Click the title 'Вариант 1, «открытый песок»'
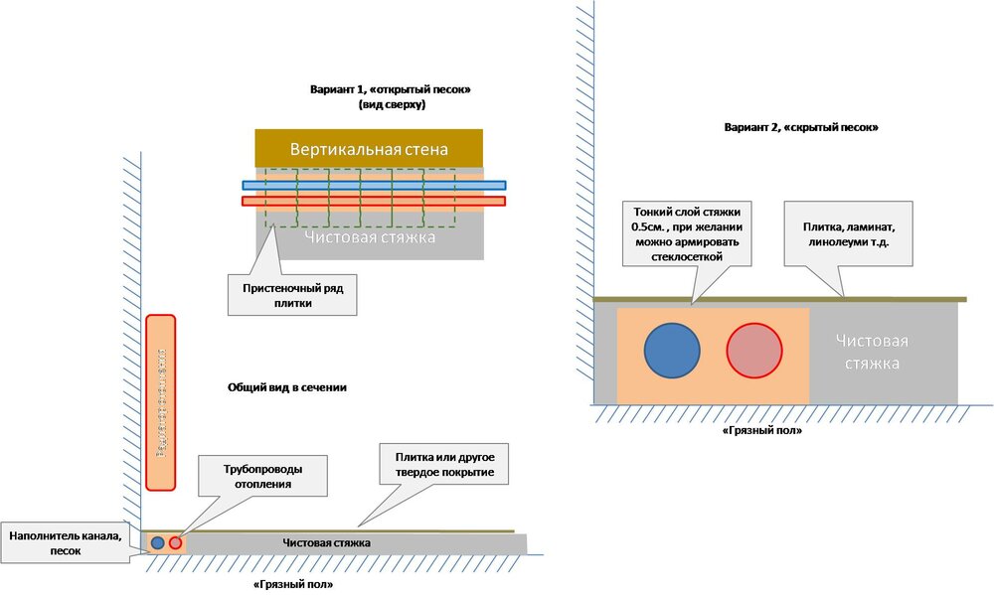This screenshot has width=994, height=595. [x=390, y=89]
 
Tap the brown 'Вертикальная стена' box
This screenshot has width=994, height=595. [x=369, y=149]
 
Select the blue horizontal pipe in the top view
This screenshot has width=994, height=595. [x=374, y=185]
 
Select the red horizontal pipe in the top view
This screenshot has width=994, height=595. [x=374, y=201]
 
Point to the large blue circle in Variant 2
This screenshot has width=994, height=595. [x=673, y=350]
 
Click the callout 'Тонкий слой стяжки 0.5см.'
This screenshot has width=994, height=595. [x=687, y=233]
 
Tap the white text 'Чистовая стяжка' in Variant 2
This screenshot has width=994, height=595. [x=872, y=353]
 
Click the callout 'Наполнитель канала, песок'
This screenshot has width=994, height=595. [x=66, y=543]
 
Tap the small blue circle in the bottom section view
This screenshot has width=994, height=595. [x=157, y=543]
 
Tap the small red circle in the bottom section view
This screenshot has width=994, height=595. [x=176, y=543]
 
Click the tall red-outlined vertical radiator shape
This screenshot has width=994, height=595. [x=160, y=402]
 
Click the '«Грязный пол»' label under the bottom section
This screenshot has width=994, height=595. [x=293, y=585]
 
